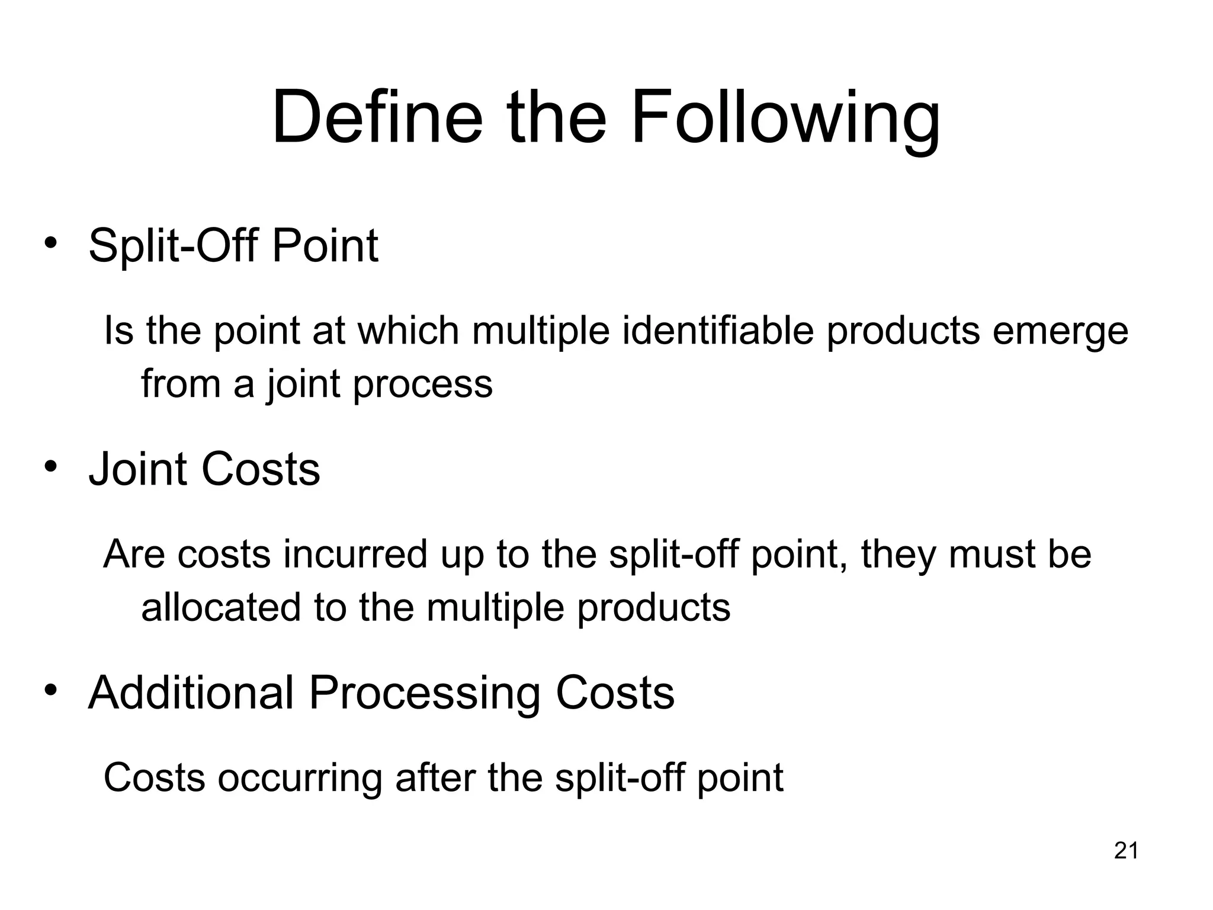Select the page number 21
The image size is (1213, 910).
pos(1126,851)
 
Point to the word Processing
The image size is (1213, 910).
pos(424,694)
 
